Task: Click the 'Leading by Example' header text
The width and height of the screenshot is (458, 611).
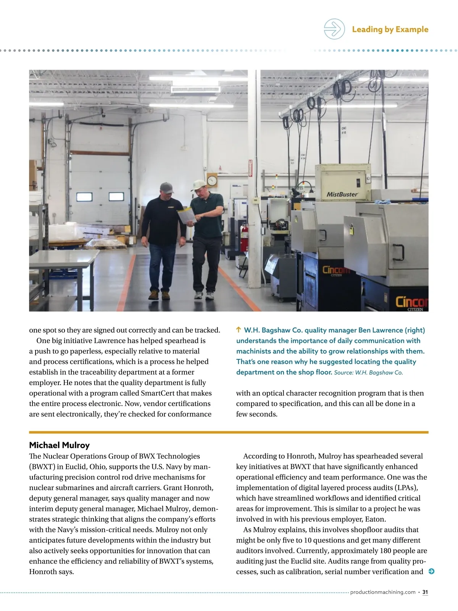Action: (x=390, y=29)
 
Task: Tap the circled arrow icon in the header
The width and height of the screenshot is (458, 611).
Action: (x=334, y=29)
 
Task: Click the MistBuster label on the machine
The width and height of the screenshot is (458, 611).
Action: (x=342, y=194)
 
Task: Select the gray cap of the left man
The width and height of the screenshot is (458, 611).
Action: (x=166, y=188)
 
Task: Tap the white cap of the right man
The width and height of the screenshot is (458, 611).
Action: (x=199, y=184)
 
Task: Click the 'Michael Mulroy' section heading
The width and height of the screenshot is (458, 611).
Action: (x=59, y=445)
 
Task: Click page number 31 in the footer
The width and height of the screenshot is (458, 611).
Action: (x=425, y=592)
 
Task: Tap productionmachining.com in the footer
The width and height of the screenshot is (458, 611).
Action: (x=382, y=592)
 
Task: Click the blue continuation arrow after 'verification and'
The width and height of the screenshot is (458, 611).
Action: (x=431, y=572)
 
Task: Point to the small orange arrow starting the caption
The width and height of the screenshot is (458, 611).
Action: (x=239, y=330)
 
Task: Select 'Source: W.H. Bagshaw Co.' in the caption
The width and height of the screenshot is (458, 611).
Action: (x=368, y=373)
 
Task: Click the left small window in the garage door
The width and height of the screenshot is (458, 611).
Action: (x=84, y=197)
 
